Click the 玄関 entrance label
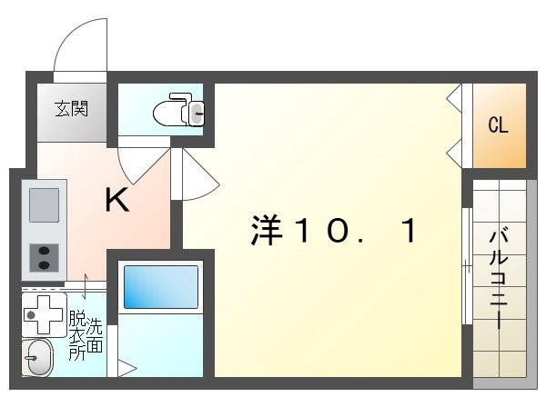(70, 109)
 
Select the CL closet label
(498, 125)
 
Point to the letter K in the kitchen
(116, 200)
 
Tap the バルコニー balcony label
(499, 269)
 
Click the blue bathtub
(160, 287)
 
